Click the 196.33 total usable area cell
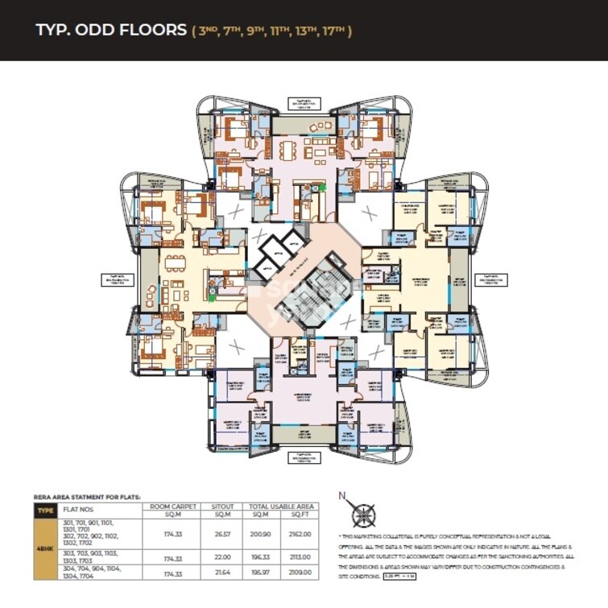(260, 557)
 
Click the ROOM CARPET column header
(170, 507)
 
